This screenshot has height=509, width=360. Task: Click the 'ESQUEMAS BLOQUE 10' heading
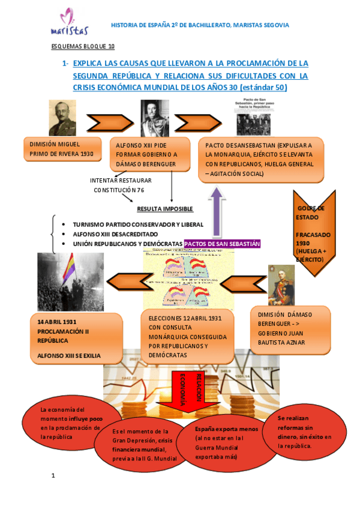click(82, 46)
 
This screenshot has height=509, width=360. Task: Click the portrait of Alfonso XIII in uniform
click(155, 118)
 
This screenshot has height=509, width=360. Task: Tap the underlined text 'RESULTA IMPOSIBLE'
click(165, 209)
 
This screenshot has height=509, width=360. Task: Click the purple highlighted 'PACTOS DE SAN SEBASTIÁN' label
click(222, 244)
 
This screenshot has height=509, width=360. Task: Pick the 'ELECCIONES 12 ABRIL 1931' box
click(182, 337)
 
